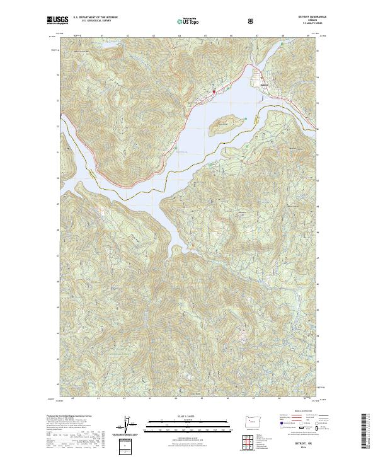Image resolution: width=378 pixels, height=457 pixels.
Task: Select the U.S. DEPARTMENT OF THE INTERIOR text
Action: coord(95,18)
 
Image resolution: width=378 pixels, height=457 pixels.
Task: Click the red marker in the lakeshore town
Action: coord(214,92)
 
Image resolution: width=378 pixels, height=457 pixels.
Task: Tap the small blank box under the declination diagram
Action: coord(125,447)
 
